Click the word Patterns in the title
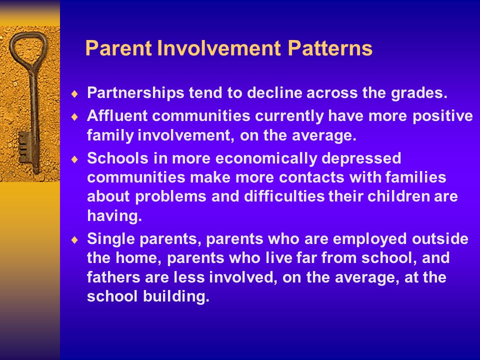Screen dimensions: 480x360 [330, 48]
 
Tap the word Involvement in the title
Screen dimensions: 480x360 [219, 48]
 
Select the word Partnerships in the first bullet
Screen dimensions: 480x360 [135, 93]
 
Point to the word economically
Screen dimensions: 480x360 [266, 159]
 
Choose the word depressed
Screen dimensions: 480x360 [361, 159]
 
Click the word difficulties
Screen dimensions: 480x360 [284, 196]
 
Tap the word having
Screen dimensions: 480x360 [114, 216]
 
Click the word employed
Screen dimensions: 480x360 [370, 239]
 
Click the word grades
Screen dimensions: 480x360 [419, 93]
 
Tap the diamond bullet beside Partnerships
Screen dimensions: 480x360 [74, 93]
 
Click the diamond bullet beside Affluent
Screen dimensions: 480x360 [74, 116]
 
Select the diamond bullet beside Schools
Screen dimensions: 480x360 [74, 159]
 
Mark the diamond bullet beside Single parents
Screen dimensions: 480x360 [74, 239]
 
